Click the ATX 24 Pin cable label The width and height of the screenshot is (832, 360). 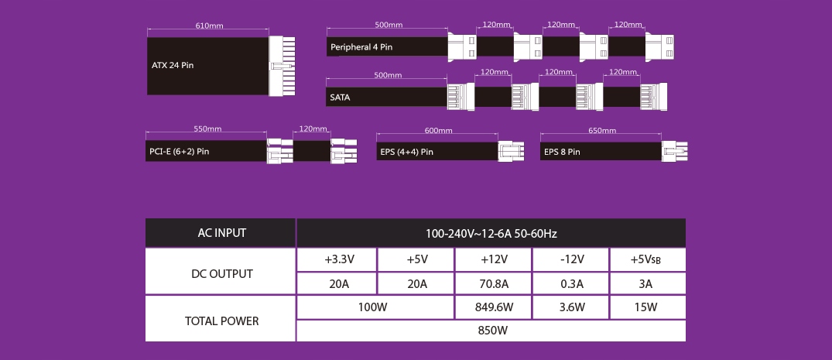tap(173, 66)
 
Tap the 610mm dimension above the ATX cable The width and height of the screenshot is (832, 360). tap(209, 26)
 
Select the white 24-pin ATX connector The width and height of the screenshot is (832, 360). tap(282, 66)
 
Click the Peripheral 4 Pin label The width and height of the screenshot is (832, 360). tap(361, 47)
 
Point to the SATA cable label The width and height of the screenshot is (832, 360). tap(340, 98)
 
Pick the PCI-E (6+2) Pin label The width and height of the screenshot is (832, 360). tap(180, 151)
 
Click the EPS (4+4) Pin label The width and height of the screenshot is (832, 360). tap(407, 152)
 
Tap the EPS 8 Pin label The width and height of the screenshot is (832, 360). tap(562, 152)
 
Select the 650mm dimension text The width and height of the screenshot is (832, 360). tap(602, 131)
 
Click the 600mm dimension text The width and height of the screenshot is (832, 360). tap(438, 131)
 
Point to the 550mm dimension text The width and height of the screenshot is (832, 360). tap(207, 129)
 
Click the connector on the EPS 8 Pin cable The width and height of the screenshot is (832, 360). tap(674, 151)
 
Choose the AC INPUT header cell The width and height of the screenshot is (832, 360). tap(221, 232)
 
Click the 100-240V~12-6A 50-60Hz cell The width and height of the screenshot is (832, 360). tap(491, 233)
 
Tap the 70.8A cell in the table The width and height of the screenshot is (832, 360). tap(493, 283)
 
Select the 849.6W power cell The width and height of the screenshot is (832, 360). tap(493, 307)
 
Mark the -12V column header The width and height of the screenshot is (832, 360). tap(571, 259)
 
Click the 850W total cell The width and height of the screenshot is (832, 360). tap(491, 331)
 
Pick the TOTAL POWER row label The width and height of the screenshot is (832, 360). tap(221, 321)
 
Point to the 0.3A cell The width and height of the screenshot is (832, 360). tap(571, 283)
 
